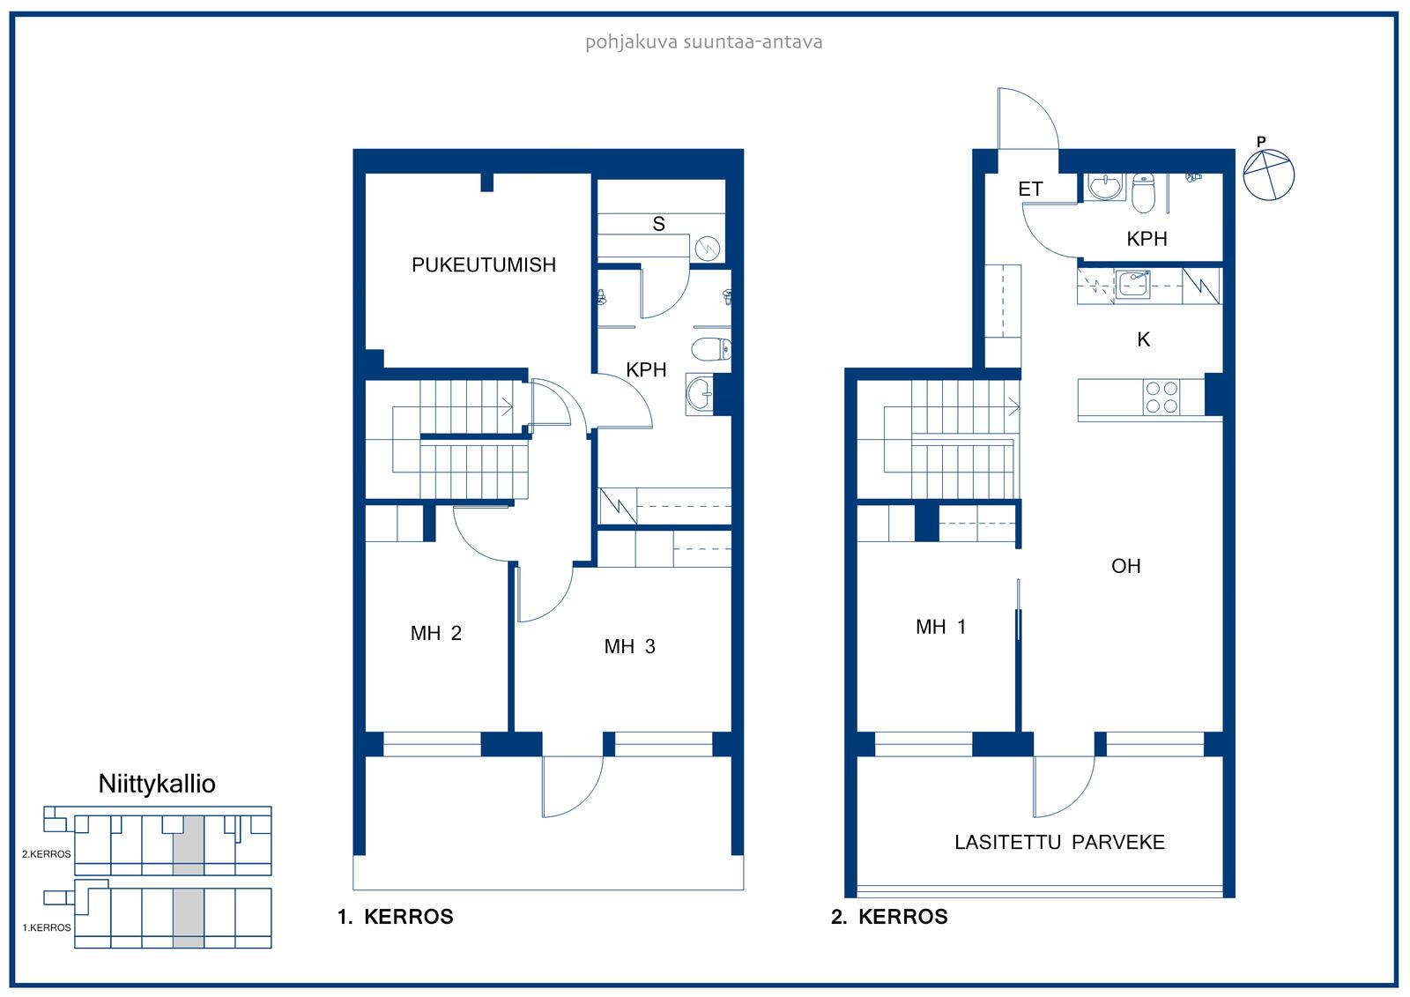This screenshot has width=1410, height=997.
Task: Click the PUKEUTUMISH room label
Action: coord(484,265)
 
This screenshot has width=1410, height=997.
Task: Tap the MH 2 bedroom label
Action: coord(435,633)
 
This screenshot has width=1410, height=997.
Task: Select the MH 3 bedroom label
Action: coord(629,646)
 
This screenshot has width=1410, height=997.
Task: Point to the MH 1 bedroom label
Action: coord(940,627)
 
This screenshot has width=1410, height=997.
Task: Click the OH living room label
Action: coord(1125,566)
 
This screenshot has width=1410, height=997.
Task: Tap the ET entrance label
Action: coord(1030,189)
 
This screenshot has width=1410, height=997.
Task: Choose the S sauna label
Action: coord(658,224)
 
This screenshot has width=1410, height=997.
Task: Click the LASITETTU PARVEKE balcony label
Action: coord(1059,843)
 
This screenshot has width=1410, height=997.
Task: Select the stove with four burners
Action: coord(1161,397)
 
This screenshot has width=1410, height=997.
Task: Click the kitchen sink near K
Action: coord(1132,284)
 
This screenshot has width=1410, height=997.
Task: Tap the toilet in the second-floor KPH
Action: coord(1143,194)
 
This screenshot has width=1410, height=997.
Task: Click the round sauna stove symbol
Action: coord(708,248)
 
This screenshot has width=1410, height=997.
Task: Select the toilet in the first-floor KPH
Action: coord(711,349)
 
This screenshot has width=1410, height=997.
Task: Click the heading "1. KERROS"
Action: coord(396,917)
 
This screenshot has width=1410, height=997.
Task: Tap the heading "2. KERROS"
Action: coord(889,917)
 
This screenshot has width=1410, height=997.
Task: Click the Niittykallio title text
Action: coord(157,785)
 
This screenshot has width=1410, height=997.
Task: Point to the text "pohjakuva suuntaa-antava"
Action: coord(704,42)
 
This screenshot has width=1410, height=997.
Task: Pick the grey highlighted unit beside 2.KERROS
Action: coord(189,845)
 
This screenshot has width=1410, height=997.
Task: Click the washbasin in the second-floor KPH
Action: coord(1105,187)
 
